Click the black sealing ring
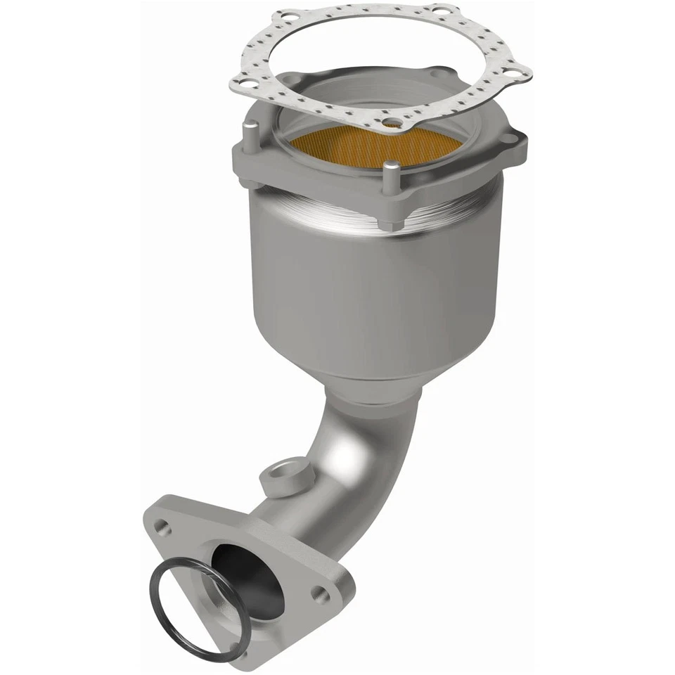(169, 619)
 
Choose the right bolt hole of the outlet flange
(321, 596)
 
